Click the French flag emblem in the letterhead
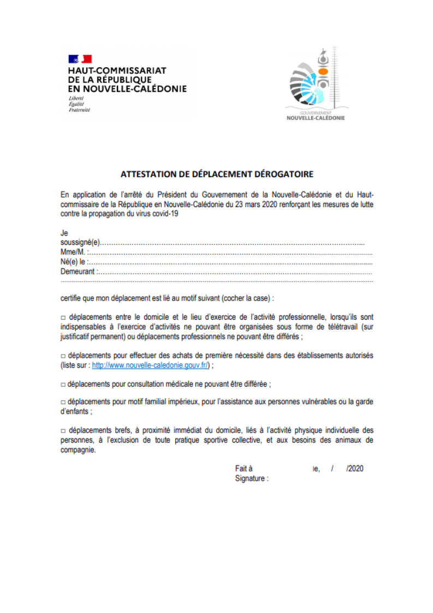click(x=80, y=59)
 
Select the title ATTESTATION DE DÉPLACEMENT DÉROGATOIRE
click(x=217, y=175)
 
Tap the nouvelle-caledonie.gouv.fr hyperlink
click(x=150, y=365)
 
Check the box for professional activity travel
click(x=63, y=317)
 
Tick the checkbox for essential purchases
click(x=63, y=356)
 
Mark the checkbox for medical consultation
click(x=63, y=384)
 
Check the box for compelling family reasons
click(x=63, y=403)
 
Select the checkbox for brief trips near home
click(x=63, y=431)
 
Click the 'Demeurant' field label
click(x=78, y=272)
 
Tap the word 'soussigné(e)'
click(x=80, y=243)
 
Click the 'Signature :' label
click(x=252, y=479)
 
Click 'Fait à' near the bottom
click(x=244, y=469)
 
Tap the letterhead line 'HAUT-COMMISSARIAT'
click(x=117, y=70)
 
